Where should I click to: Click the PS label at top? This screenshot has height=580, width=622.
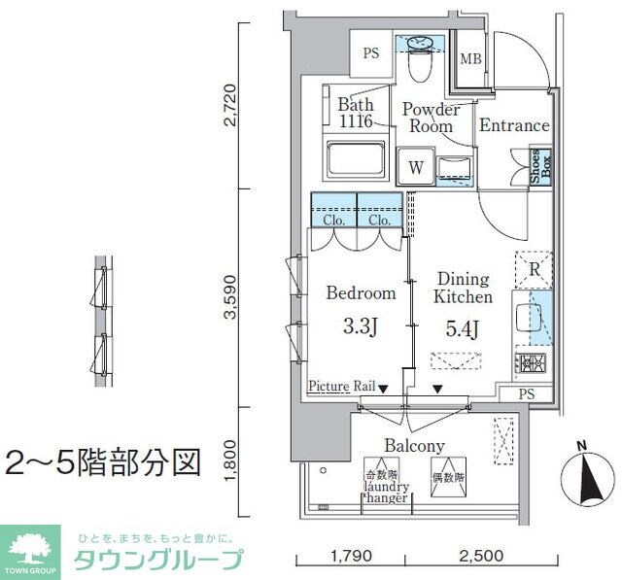(370, 53)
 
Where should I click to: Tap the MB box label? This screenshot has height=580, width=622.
(470, 58)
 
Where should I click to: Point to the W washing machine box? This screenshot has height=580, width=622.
(416, 167)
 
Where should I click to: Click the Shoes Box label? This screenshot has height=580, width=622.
(539, 166)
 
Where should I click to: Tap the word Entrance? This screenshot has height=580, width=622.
(514, 126)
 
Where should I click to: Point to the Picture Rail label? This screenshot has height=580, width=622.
(342, 387)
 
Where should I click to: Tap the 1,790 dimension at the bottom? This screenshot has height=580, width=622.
(352, 557)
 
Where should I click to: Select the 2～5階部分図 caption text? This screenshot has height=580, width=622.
(102, 461)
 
